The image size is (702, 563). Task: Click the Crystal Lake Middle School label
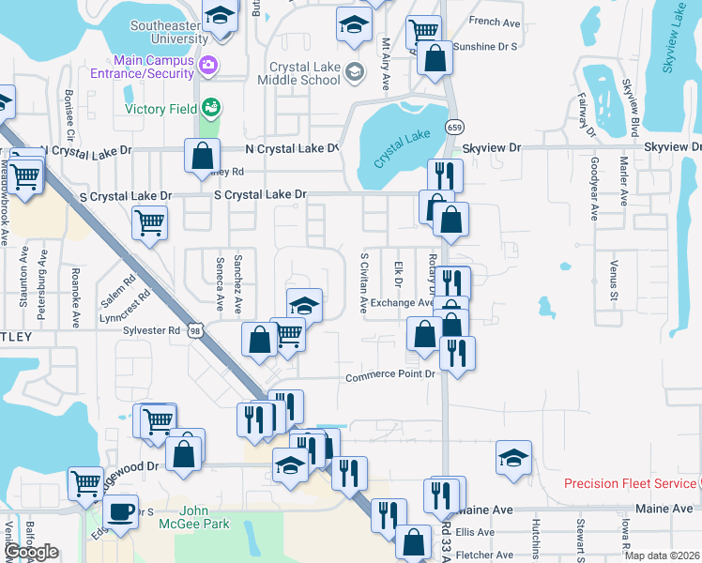[x=303, y=74]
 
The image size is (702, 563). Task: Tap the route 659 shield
[x=454, y=127]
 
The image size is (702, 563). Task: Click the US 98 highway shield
[x=194, y=330]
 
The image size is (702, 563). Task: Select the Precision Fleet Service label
[x=629, y=484]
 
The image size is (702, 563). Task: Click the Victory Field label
[x=160, y=109]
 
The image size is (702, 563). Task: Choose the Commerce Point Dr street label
[x=391, y=375]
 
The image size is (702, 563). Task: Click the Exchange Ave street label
[x=402, y=303]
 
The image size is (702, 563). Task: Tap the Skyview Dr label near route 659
[x=491, y=148]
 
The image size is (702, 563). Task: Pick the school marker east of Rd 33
[x=513, y=458]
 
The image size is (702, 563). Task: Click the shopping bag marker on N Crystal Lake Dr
[x=203, y=156]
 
